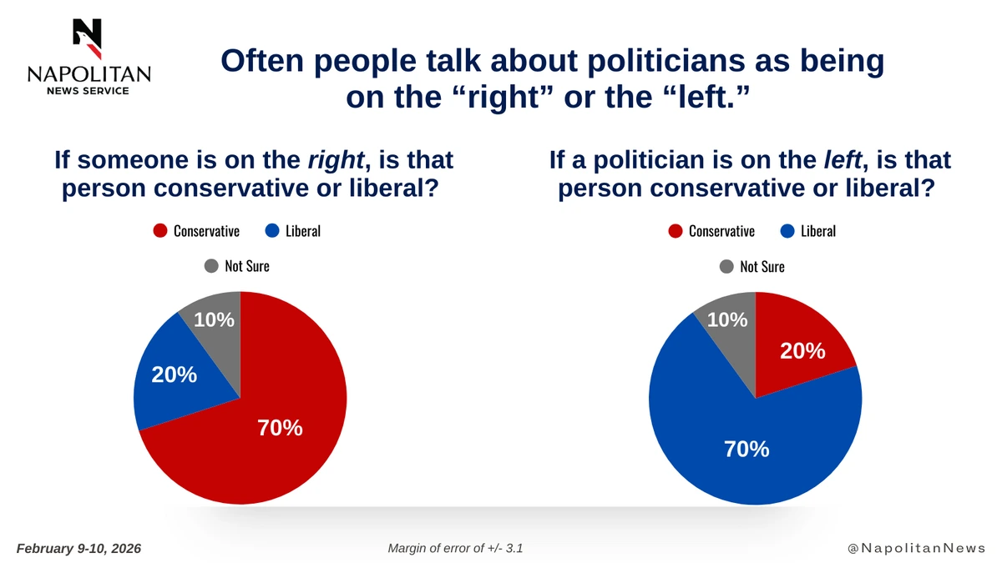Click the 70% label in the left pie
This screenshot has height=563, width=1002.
pos(280,428)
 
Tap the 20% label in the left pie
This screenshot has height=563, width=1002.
pos(174,375)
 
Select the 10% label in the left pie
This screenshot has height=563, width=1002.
pos(214,319)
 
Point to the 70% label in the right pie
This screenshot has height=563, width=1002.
pos(746,449)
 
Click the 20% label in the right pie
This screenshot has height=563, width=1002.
pos(802,352)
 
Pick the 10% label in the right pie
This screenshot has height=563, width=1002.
pos(726,319)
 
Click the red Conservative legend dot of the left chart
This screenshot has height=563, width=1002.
pos(160,231)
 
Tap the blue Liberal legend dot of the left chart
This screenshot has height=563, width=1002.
pos(272,231)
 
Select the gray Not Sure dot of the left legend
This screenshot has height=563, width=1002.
pos(211,266)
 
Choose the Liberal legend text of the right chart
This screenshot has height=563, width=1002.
pos(817,231)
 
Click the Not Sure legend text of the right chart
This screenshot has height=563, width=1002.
pos(762,267)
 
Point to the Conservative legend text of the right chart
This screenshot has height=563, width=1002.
pos(721,231)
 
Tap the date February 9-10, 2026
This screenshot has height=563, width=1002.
pos(78,548)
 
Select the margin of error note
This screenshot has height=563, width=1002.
pos(455,548)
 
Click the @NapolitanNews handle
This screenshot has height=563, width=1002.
pos(916,548)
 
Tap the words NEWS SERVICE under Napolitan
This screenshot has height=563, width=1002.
pos(88,90)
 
